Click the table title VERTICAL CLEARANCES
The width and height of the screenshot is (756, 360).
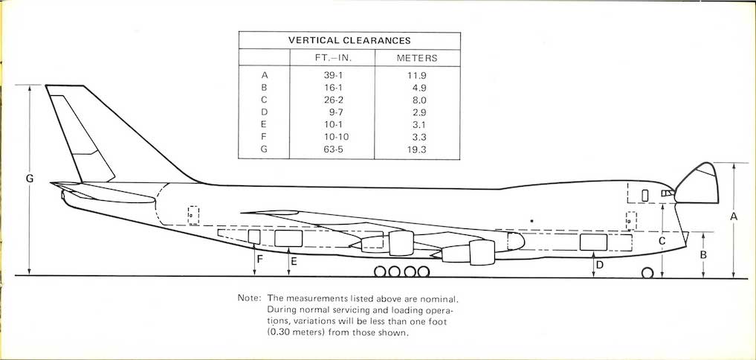pyautogui.click(x=349, y=40)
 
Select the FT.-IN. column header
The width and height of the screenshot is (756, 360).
pyautogui.click(x=332, y=58)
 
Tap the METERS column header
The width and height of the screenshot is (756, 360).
pyautogui.click(x=417, y=58)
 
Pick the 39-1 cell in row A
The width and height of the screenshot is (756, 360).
pyautogui.click(x=332, y=75)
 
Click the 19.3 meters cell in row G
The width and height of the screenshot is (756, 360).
pyautogui.click(x=417, y=149)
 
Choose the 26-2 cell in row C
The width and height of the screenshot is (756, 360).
pyautogui.click(x=332, y=100)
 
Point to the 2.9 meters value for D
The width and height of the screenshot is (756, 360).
pyautogui.click(x=417, y=112)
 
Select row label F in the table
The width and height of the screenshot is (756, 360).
pyautogui.click(x=264, y=136)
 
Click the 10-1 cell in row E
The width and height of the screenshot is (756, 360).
pyautogui.click(x=332, y=124)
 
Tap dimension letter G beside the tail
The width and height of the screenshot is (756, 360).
pyautogui.click(x=29, y=179)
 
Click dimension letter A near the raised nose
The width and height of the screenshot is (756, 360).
pyautogui.click(x=734, y=216)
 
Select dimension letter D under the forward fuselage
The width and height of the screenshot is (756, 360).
pyautogui.click(x=600, y=263)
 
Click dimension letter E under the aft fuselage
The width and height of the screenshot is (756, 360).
pyautogui.click(x=294, y=261)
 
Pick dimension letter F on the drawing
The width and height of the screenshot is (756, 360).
pyautogui.click(x=259, y=260)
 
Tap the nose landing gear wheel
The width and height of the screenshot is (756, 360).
pyautogui.click(x=647, y=273)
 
